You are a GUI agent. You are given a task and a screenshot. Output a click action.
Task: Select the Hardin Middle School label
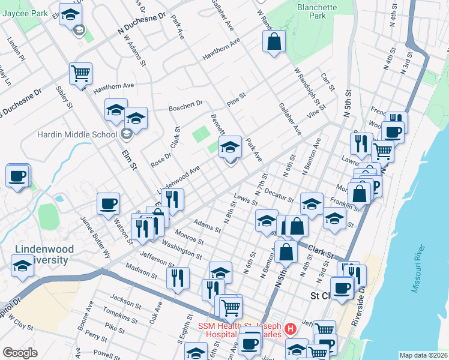point(77,134)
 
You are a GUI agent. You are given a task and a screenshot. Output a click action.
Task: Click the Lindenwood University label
point(45,254)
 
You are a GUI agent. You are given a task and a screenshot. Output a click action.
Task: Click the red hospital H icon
point(291,329)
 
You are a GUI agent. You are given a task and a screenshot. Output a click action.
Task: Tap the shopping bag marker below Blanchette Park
point(273,42)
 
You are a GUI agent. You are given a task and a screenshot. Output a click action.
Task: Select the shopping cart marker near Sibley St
point(80,74)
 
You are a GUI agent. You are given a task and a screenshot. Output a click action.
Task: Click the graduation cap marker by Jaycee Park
point(71,14)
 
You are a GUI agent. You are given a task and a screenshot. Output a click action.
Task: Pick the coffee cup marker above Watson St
point(109,203)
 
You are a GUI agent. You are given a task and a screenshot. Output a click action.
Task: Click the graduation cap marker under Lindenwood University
point(23,265)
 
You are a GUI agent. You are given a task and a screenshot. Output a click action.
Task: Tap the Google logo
point(20,353)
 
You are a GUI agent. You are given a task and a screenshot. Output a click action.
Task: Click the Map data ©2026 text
point(423,355)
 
